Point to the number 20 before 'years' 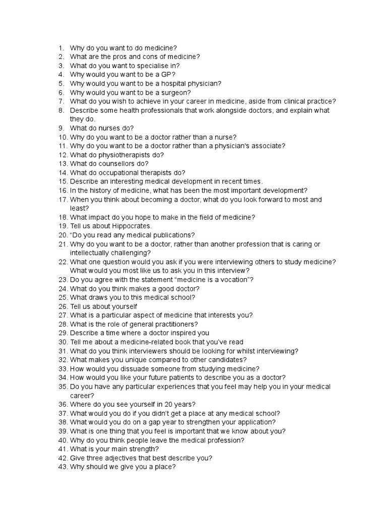[168, 404]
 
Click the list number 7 [61, 101]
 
